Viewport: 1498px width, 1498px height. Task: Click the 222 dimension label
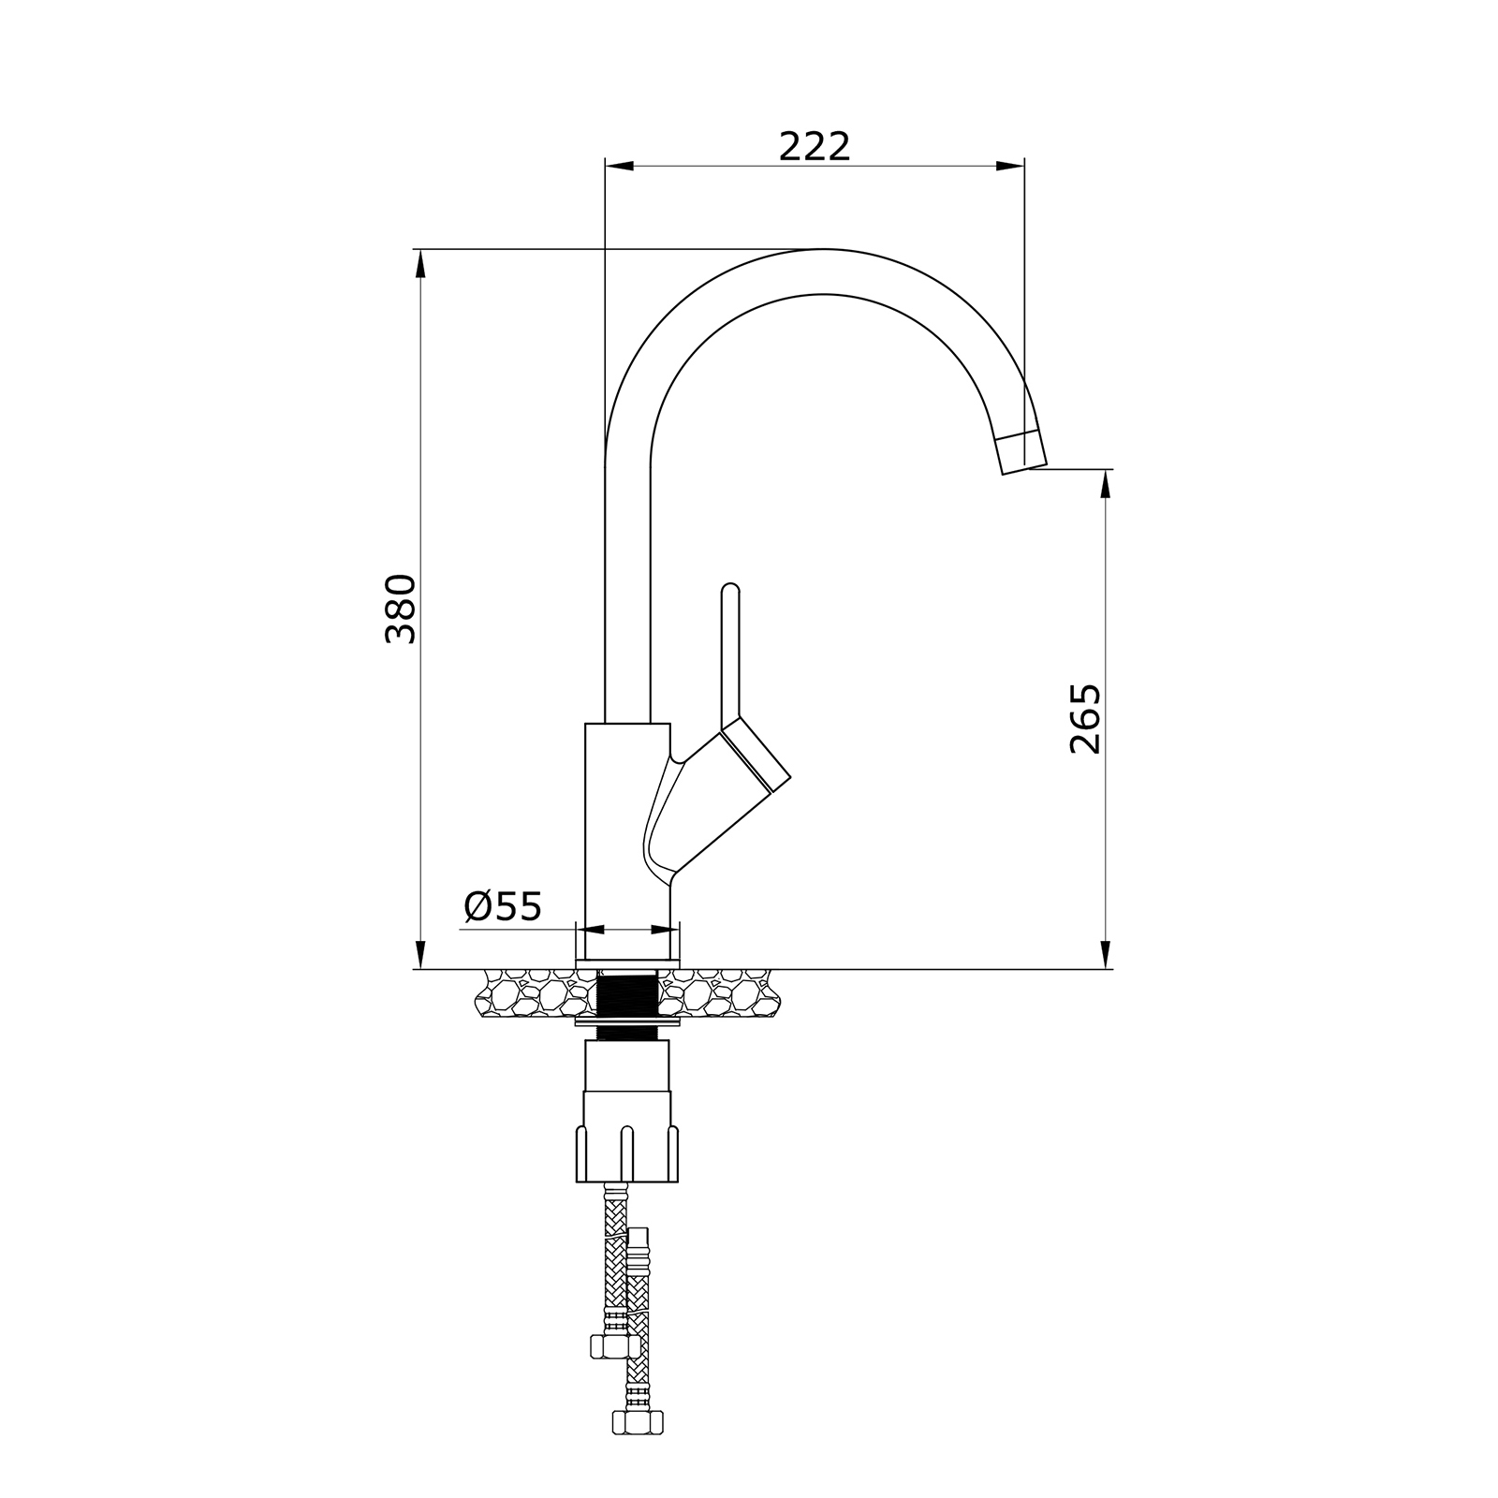pos(815,146)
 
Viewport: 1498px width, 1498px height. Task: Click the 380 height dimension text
pos(401,609)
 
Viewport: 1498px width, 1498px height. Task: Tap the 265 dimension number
pos(1085,719)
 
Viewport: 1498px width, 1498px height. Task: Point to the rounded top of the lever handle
pos(730,590)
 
